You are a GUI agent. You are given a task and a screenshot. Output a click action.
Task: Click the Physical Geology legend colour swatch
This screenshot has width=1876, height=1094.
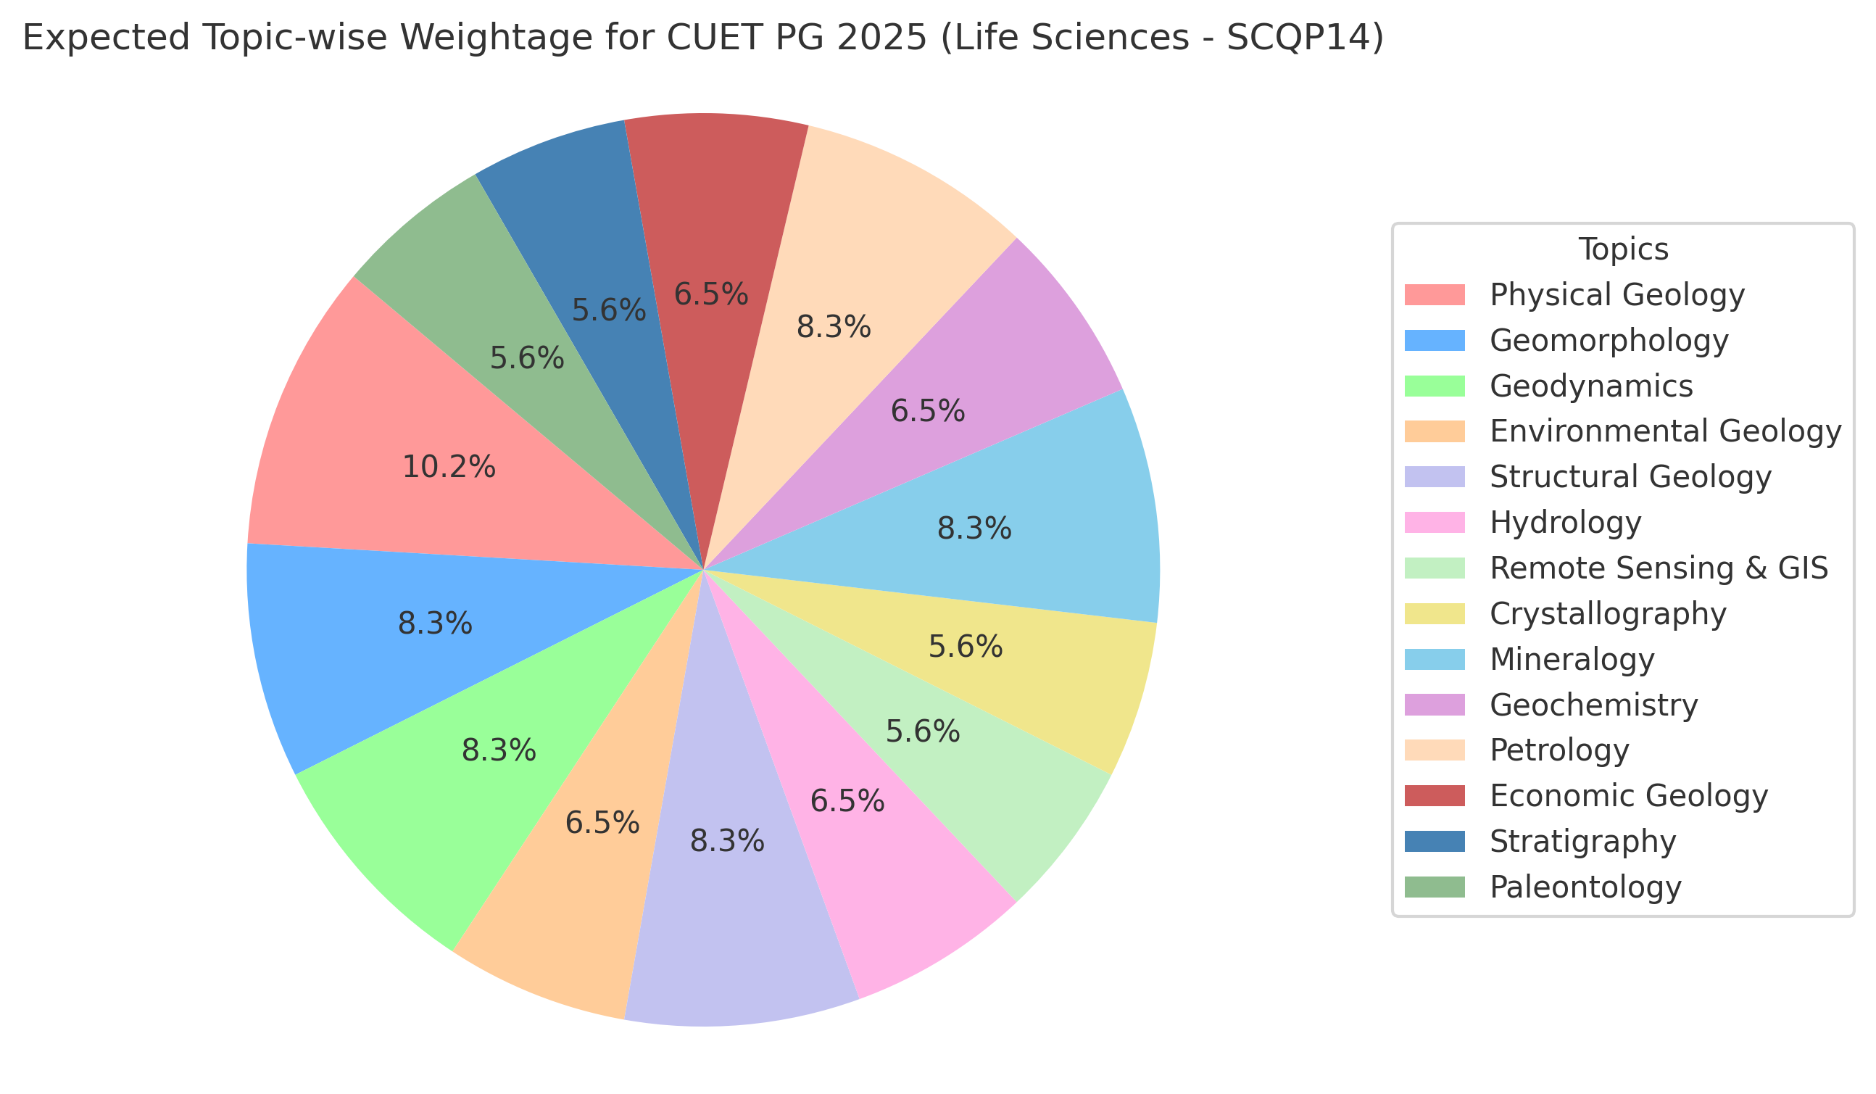(1434, 294)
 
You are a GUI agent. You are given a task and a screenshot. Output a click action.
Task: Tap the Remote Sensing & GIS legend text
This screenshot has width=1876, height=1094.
(1659, 568)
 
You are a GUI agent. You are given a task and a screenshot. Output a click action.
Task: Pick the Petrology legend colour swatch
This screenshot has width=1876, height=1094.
(1434, 750)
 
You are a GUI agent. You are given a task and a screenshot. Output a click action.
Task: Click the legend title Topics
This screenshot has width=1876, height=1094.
(1623, 249)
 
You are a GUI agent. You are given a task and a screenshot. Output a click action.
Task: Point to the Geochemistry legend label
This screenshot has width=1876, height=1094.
(1594, 705)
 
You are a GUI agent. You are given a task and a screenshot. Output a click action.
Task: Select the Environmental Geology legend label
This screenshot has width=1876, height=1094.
(1665, 431)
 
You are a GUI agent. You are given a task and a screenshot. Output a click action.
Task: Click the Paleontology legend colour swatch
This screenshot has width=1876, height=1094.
(1434, 887)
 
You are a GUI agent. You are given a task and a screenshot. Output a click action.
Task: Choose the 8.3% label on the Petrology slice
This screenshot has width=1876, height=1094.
(833, 327)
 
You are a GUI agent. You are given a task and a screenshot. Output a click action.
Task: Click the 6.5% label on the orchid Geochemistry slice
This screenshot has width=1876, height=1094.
(928, 411)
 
